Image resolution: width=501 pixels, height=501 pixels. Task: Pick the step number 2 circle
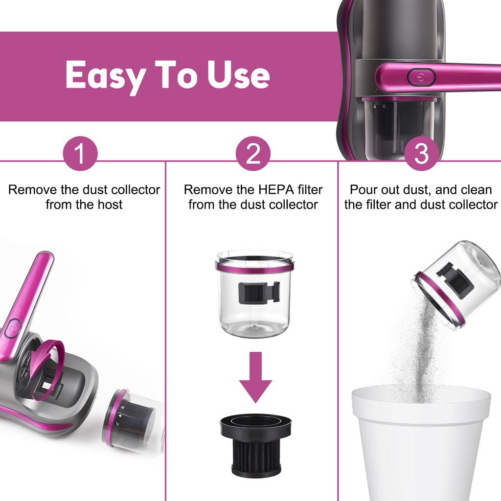(x=253, y=154)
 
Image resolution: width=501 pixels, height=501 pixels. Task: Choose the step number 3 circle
(x=421, y=154)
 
